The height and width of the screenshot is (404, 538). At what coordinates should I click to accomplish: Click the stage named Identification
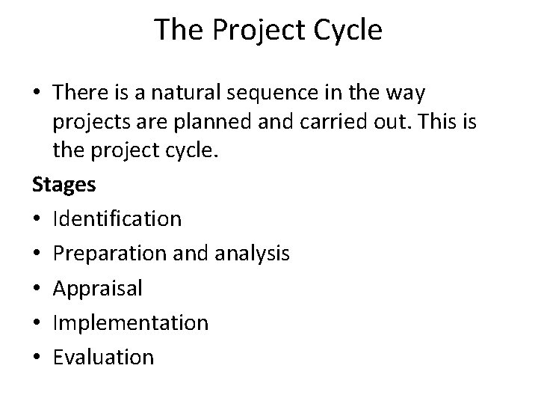117,218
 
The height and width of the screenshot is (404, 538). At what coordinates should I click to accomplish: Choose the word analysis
253,254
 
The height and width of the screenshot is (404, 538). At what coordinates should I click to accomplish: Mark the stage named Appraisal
97,288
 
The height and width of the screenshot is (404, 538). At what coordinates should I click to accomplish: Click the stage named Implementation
130,322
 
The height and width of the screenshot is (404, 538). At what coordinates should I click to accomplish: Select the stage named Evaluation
103,357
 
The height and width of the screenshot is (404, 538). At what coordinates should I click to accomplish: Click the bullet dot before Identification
37,219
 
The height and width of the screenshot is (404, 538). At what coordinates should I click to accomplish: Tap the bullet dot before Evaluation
37,358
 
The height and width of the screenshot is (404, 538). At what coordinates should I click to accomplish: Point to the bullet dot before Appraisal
37,289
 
